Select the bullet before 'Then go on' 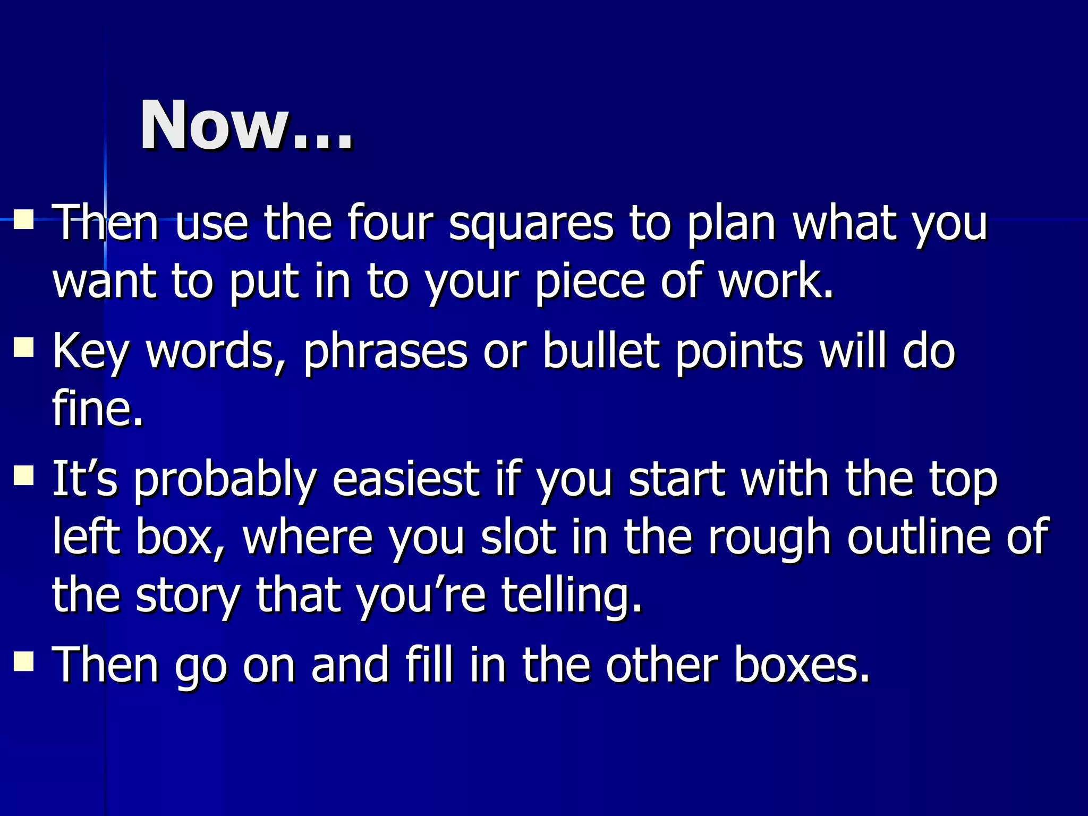tap(24, 662)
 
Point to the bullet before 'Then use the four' tap(24, 218)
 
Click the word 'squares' tap(531, 223)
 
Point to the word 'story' tap(189, 596)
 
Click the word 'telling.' tap(572, 596)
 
